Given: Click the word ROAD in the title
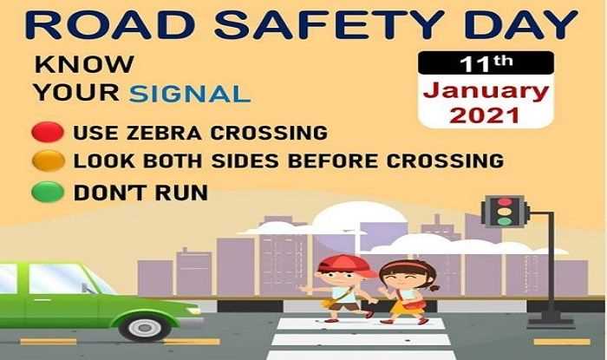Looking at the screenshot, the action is click(x=110, y=25).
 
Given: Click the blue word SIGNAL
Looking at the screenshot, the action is click(x=190, y=94).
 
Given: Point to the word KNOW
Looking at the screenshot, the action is click(x=84, y=64).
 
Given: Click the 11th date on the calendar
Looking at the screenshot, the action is click(x=486, y=63).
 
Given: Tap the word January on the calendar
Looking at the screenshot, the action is click(x=486, y=93).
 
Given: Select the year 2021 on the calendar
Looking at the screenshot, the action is click(x=485, y=115).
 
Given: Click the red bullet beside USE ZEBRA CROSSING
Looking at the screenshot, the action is click(x=48, y=132).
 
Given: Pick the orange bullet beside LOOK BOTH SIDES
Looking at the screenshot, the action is click(x=48, y=161).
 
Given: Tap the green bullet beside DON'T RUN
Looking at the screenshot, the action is click(x=48, y=192).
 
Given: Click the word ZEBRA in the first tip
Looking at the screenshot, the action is click(x=164, y=133).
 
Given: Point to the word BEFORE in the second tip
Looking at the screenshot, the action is click(x=333, y=161).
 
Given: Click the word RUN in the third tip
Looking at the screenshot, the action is click(x=181, y=193).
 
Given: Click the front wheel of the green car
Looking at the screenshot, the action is click(x=145, y=328).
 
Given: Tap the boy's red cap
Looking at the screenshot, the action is click(x=346, y=265).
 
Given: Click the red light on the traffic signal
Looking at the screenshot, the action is click(x=504, y=201).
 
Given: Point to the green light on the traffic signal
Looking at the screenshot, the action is click(x=504, y=221).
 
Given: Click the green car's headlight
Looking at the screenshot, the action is click(x=193, y=311).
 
